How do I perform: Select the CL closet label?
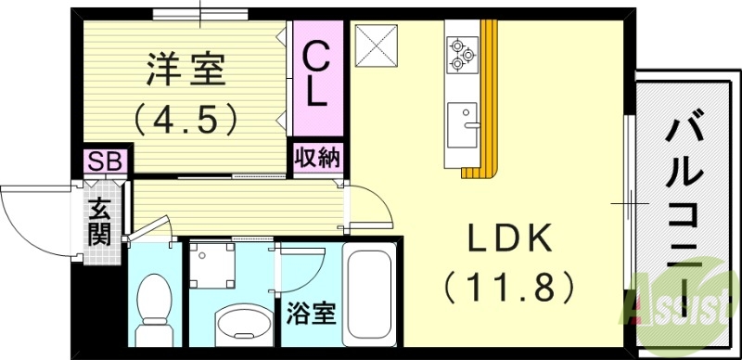(316, 75)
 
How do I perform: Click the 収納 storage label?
(316, 156)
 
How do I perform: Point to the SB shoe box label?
(104, 161)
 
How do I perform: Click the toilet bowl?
(151, 307)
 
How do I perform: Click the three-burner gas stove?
(461, 54)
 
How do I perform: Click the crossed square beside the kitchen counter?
(377, 45)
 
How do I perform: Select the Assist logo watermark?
(686, 297)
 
